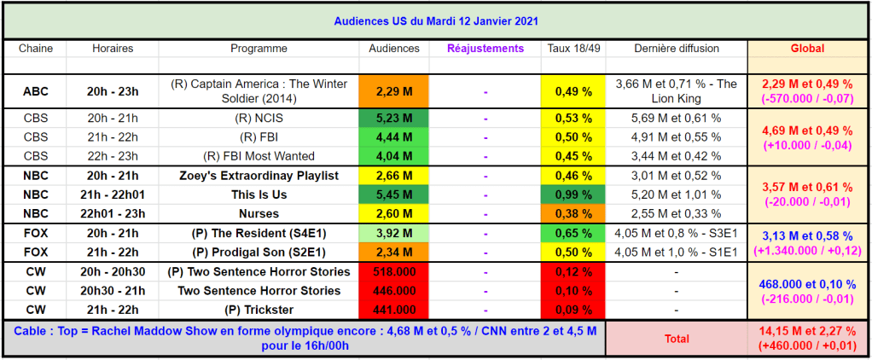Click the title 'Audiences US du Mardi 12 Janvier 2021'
click(x=436, y=20)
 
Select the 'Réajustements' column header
click(x=485, y=49)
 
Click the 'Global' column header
click(x=807, y=49)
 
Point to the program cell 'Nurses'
click(x=259, y=213)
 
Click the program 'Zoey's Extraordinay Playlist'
click(x=259, y=176)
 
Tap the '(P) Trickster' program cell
click(x=259, y=310)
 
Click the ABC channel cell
click(x=36, y=91)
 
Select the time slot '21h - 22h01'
click(x=113, y=195)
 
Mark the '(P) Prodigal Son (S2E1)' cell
click(x=259, y=252)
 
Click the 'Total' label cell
click(x=677, y=339)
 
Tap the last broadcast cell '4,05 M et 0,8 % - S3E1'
click(x=677, y=233)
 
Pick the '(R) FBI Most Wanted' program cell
click(x=259, y=156)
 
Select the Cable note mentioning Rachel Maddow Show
click(x=304, y=339)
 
